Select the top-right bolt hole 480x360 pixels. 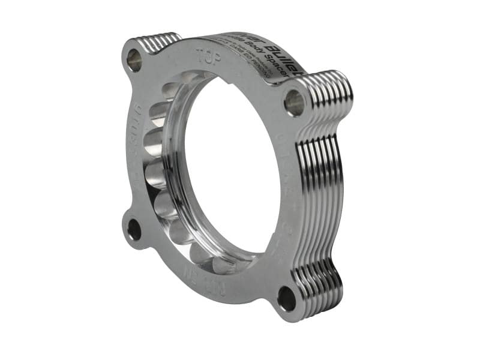coord(295,103)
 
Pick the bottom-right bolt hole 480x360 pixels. coord(287,299)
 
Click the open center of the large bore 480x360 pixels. coord(231,174)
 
